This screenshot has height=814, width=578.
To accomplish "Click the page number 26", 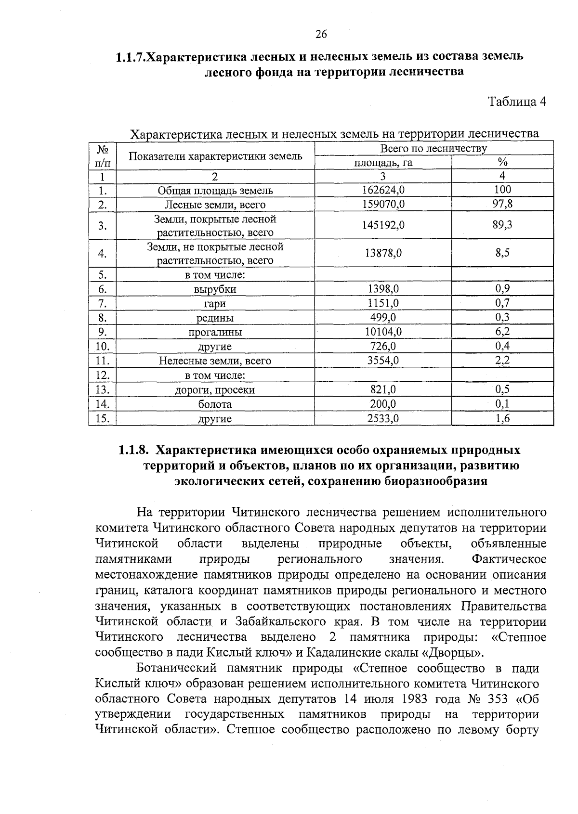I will click(x=321, y=34).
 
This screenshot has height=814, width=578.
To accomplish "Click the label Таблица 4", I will click(x=517, y=102).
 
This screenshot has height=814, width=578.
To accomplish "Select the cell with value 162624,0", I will click(x=383, y=190).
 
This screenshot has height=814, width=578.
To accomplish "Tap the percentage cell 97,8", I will click(x=502, y=204).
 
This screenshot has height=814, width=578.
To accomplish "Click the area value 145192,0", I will click(x=383, y=225).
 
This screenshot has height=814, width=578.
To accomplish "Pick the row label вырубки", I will click(x=215, y=289).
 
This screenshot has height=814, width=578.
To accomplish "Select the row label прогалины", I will click(x=215, y=332).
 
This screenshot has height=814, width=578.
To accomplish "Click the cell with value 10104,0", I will click(x=383, y=332).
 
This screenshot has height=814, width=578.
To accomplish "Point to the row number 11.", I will click(x=103, y=361).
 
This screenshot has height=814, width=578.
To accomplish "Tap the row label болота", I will click(x=215, y=404).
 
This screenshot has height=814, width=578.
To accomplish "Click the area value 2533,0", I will click(x=383, y=418).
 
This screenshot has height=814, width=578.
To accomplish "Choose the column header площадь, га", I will click(x=383, y=163).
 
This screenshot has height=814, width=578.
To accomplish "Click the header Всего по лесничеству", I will click(x=433, y=148).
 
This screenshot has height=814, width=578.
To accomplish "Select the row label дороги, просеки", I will click(x=215, y=390).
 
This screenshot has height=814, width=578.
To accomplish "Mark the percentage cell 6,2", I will click(x=502, y=332).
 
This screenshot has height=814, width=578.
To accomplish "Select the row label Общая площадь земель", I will click(x=215, y=190).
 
